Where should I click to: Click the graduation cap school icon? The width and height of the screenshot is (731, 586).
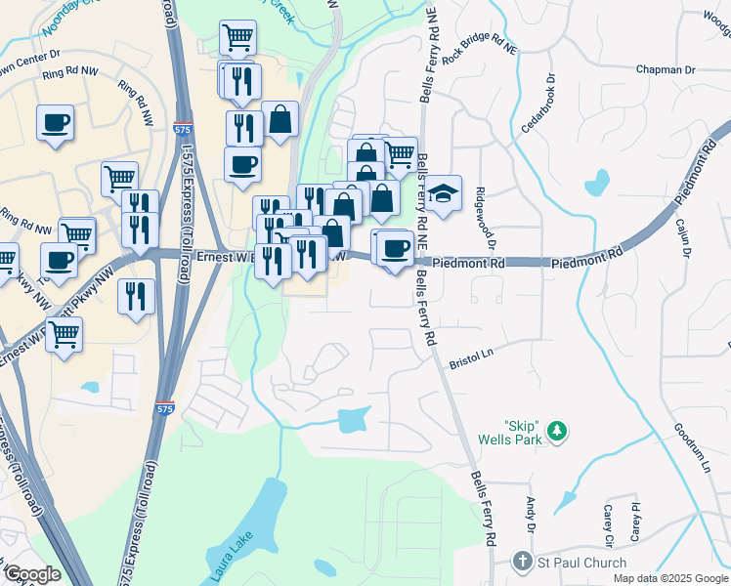coord(443,193)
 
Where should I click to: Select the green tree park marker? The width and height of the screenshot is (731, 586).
coord(557,431)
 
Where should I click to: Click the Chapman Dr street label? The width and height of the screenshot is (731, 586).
coord(666,70)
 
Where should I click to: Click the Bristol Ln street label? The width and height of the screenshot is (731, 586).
coord(473,360)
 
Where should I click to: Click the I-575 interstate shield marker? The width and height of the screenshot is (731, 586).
coord(165,409)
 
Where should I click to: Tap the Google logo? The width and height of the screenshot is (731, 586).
coord(32,574)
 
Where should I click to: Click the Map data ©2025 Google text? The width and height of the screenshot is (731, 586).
coord(669,578)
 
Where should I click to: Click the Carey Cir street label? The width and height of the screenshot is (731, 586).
coord(608,524)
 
